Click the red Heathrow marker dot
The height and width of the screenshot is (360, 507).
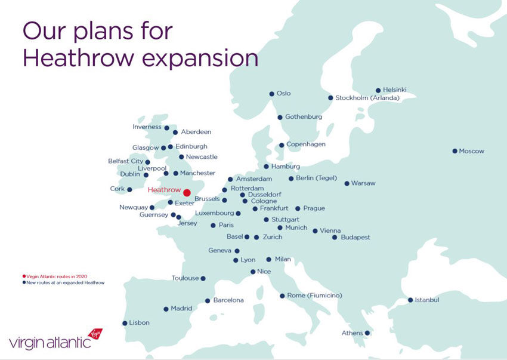coord(187,193)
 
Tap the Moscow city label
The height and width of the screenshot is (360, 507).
coord(471,151)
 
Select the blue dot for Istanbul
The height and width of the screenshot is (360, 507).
coord(410,300)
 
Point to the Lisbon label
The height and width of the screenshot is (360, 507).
coord(140,323)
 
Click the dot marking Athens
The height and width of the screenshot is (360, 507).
coord(367,333)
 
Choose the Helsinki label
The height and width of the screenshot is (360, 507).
coord(394,90)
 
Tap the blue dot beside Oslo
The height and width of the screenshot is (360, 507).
coord(271,94)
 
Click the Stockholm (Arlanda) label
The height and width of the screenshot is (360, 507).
coord(367,98)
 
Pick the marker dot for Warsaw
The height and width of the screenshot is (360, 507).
coord(347,183)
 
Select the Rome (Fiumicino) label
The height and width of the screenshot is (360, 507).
coord(314,296)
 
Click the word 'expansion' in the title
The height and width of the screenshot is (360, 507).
coord(200,59)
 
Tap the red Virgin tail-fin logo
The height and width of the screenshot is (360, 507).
coord(95,334)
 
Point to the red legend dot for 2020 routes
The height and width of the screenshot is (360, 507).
coord(24,276)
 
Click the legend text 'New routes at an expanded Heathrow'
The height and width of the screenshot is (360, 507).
coord(66,282)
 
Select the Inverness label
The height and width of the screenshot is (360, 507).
coord(147,127)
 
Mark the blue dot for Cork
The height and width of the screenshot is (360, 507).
coord(129,189)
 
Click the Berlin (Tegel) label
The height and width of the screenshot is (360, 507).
coord(317,178)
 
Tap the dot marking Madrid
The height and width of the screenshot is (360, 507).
coord(166,309)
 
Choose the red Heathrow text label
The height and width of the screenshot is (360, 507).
coord(164,190)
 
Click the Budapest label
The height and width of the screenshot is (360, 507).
coord(355,237)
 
